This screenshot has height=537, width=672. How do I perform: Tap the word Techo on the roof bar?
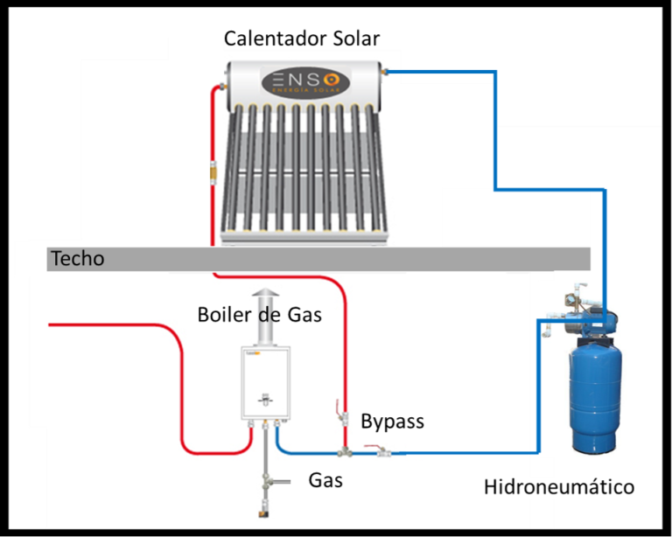tap(78, 259)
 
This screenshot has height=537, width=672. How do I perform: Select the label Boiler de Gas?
tap(260, 314)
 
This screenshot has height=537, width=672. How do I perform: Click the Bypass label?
tap(392, 422)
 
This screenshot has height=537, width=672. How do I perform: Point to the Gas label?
tap(325, 479)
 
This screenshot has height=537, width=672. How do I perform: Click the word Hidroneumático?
tap(559, 486)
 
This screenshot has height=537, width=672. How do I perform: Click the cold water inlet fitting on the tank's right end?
tap(385, 71)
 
